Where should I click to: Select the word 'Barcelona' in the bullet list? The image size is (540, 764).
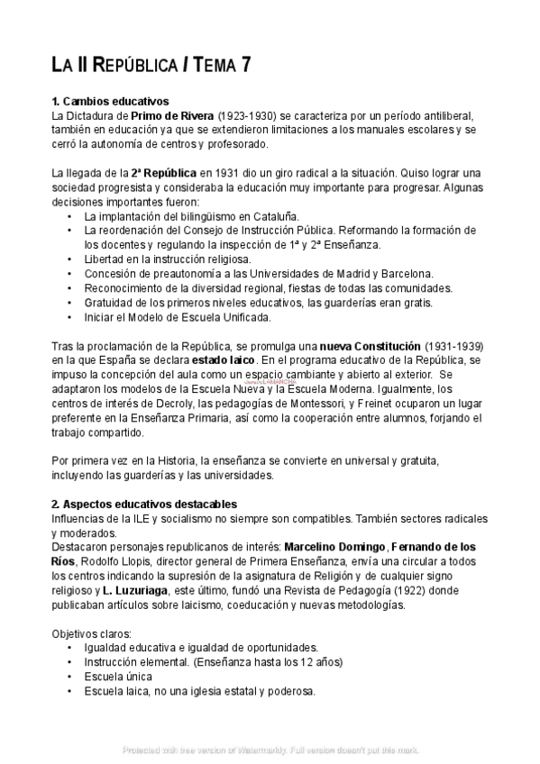(x=406, y=273)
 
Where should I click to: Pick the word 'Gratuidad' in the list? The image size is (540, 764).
(x=113, y=302)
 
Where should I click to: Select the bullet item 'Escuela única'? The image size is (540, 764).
(x=118, y=677)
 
